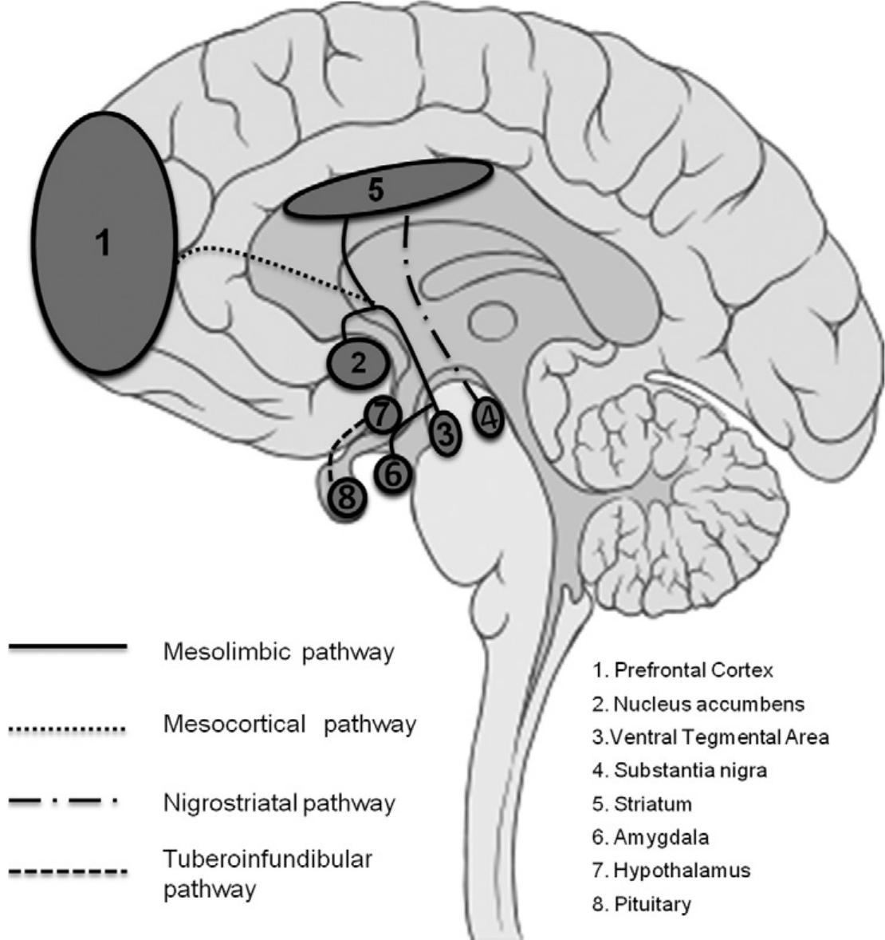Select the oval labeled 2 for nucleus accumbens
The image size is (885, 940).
(358, 364)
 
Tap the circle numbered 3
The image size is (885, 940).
(446, 435)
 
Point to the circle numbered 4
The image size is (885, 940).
(488, 417)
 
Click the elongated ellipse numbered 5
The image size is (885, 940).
(388, 189)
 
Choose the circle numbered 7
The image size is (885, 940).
(380, 413)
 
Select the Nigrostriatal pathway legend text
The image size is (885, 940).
(278, 802)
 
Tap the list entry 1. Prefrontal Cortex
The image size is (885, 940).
(682, 671)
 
